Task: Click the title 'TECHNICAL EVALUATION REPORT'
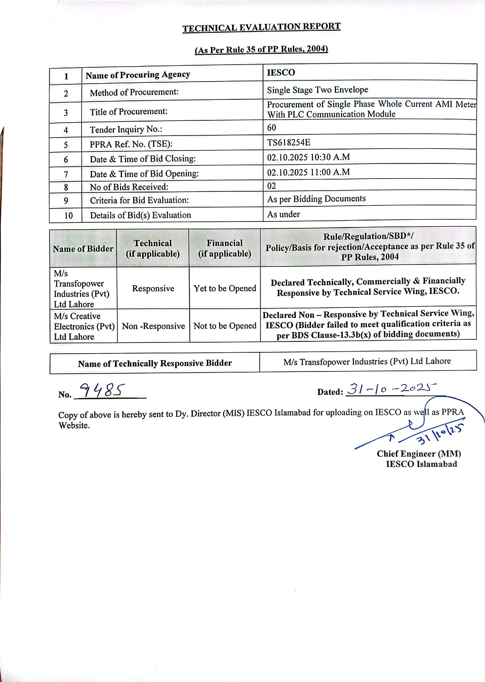coord(261,28)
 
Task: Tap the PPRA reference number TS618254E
coord(288,142)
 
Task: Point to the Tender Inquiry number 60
coord(272,128)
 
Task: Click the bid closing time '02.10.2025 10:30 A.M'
coord(308,157)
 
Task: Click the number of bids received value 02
coord(272,186)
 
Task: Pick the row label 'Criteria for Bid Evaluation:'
coord(140,200)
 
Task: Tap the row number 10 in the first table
coord(68,215)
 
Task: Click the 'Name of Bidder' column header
coord(83,249)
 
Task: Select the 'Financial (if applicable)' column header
coord(225,248)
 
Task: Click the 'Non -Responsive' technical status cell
coord(153,326)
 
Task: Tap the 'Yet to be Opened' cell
coord(225,288)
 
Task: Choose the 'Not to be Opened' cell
coord(225,326)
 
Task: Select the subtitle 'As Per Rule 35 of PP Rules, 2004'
coord(261,49)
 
